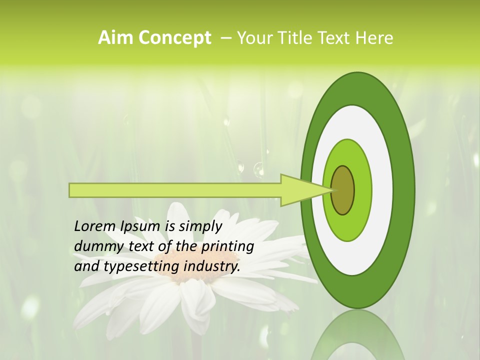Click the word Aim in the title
[x=115, y=38]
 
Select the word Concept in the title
[x=174, y=38]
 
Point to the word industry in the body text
[x=212, y=266]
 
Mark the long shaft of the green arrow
[x=175, y=190]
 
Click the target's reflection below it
[x=357, y=337]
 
